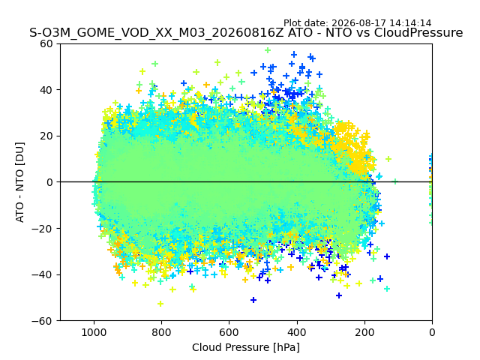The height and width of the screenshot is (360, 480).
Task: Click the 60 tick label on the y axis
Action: coord(46,43)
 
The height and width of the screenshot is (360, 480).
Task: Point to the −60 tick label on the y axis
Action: coord(42,321)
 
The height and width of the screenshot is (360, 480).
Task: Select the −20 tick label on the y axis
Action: coord(42,229)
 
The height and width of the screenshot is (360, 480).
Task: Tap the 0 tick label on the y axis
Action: coord(49,182)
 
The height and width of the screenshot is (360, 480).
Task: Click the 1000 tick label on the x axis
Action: coord(94,332)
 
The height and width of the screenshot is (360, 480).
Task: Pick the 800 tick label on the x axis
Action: coord(162,332)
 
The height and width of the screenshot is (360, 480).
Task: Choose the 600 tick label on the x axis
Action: coord(229,332)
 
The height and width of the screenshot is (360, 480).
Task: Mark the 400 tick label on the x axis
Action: coord(297,332)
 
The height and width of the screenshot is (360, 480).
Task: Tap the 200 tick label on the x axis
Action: coord(364,332)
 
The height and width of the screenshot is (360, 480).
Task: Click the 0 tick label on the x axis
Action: coord(432,332)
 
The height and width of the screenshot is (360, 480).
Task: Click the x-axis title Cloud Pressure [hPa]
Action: coord(246,348)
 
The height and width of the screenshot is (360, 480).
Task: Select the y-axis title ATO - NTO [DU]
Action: coord(20,182)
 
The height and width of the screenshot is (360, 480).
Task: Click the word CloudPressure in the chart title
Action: coord(418,33)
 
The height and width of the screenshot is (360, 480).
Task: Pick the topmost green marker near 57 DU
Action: coord(268,50)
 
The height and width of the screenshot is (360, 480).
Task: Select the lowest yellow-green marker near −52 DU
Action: coord(160,304)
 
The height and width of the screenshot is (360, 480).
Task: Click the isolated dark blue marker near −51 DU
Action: coord(253,300)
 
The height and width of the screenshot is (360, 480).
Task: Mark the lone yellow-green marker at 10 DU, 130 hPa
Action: coord(388,159)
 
